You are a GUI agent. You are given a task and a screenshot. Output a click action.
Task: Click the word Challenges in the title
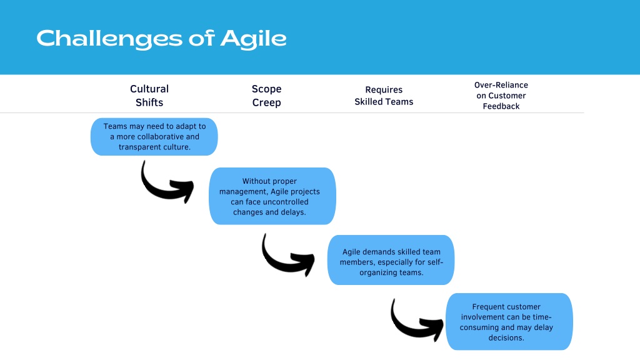point(109,39)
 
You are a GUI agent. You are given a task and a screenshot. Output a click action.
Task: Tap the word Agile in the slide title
point(254,39)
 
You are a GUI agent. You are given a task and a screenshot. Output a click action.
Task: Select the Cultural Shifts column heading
point(149,96)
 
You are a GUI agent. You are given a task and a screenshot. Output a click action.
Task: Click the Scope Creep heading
point(266,96)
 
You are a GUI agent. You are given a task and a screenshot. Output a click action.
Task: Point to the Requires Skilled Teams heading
point(384,96)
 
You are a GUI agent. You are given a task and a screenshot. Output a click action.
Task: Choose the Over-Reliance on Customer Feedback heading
point(501,96)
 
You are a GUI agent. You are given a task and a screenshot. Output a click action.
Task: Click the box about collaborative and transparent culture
point(154,137)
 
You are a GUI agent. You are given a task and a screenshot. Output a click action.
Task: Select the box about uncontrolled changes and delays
point(272,196)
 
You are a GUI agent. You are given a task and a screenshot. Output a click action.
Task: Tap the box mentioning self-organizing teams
point(391,260)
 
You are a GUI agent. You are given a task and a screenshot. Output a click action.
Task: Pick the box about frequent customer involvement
point(509,322)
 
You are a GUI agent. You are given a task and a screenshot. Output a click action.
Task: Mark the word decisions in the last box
point(506,338)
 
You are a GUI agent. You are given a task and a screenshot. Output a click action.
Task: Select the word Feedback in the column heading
point(501,106)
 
